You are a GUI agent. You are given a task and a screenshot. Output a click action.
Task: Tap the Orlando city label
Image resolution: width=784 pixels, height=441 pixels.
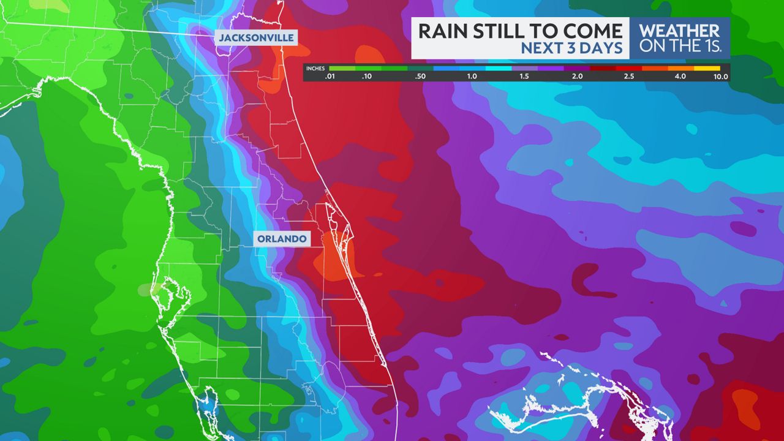(x=282, y=239)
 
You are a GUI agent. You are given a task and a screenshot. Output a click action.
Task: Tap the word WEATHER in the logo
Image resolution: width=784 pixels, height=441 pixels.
(x=679, y=31)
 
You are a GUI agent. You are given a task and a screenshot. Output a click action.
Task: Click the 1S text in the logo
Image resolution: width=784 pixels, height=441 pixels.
(x=712, y=45)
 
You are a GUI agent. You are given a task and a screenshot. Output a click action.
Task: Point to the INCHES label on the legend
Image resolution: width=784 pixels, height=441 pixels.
(x=315, y=69)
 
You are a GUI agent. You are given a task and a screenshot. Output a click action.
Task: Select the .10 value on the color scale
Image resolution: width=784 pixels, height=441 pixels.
(x=367, y=77)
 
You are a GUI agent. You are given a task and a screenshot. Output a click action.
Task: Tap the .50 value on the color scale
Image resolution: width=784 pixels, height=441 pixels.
(x=420, y=77)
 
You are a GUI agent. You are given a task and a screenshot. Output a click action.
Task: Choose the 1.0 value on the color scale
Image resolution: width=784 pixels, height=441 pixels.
(x=472, y=77)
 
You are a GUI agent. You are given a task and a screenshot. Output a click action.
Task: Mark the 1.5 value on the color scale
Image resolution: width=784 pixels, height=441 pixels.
(x=524, y=77)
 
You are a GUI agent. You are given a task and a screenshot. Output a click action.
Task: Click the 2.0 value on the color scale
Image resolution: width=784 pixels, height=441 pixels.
(x=576, y=77)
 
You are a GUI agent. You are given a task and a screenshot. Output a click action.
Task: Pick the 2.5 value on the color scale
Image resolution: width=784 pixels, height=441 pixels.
(x=629, y=77)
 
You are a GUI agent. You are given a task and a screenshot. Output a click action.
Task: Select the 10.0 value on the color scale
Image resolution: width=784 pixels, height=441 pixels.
(x=720, y=77)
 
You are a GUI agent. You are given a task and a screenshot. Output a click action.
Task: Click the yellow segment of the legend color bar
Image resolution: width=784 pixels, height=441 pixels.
(x=707, y=68)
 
